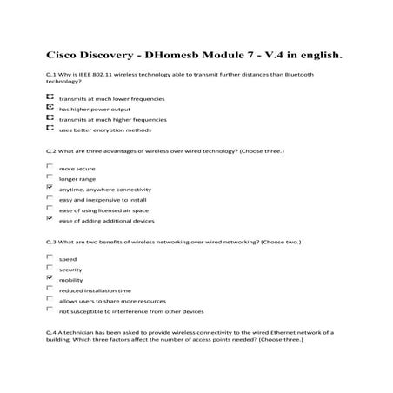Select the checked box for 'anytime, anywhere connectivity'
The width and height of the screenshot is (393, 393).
pyautogui.click(x=49, y=187)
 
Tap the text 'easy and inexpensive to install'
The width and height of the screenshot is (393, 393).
pyautogui.click(x=96, y=199)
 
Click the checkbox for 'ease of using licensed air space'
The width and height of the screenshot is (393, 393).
pyautogui.click(x=49, y=208)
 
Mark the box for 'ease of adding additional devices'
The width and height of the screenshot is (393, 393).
pyautogui.click(x=49, y=218)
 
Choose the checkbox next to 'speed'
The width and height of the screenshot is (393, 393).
pyautogui.click(x=49, y=257)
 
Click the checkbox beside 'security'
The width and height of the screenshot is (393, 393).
pyautogui.click(x=49, y=268)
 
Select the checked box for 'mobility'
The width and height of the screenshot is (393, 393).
pyautogui.click(x=49, y=278)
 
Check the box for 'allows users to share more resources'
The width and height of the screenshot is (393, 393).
pyautogui.click(x=49, y=299)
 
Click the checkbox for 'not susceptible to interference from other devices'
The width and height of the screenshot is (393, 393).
pyautogui.click(x=49, y=310)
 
